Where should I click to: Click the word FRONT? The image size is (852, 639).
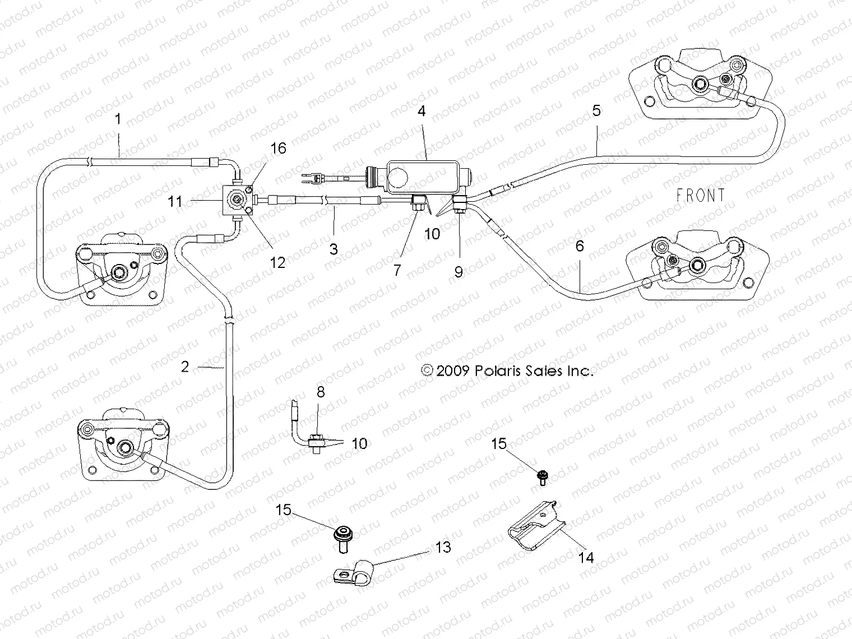[x=700, y=196]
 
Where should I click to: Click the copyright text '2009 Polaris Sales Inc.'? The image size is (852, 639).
[x=506, y=371]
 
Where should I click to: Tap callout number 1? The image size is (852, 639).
[x=118, y=119]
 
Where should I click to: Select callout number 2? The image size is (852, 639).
[x=186, y=367]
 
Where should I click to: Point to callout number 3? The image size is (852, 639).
[x=334, y=248]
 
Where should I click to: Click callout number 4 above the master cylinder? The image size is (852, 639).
[x=422, y=111]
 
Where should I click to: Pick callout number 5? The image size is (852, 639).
[x=596, y=110]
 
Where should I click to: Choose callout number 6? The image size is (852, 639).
[x=580, y=246]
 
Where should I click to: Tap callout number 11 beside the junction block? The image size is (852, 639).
[x=175, y=201]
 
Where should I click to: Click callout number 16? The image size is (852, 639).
[x=278, y=148]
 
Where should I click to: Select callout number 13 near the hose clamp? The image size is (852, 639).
[x=443, y=547]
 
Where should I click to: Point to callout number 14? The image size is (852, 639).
[x=586, y=557]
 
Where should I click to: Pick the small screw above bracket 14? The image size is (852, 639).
[x=541, y=477]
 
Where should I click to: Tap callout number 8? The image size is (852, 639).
[x=321, y=392]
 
